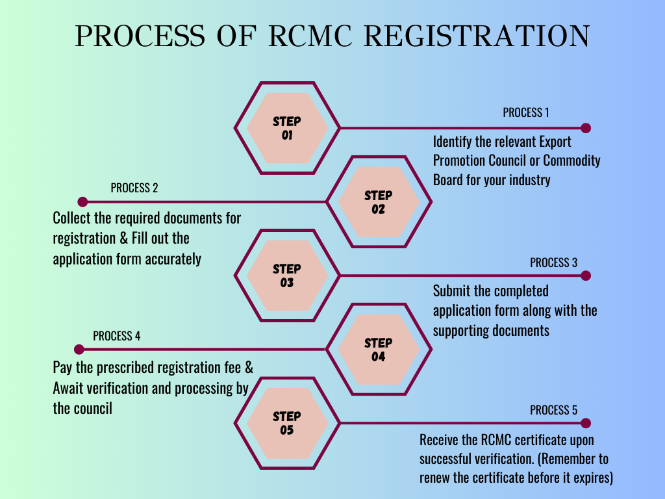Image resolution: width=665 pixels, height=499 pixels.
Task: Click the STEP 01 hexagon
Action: (x=286, y=128)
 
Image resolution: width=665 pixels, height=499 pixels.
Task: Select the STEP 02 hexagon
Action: (x=378, y=202)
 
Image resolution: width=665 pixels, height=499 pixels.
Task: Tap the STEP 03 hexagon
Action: (x=286, y=275)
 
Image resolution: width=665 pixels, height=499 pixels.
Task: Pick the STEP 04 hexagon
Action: (x=378, y=350)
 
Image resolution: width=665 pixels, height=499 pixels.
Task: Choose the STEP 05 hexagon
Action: (x=286, y=423)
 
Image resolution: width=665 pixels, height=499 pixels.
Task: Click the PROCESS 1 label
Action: (x=525, y=112)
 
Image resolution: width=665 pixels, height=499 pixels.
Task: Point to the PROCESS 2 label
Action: (x=134, y=188)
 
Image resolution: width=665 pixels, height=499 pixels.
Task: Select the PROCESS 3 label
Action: (x=553, y=262)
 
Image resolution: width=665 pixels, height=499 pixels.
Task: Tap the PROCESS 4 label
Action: (x=116, y=336)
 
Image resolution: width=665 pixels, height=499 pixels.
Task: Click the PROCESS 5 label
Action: (x=553, y=410)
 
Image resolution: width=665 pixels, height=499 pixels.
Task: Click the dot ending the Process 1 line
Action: (x=586, y=128)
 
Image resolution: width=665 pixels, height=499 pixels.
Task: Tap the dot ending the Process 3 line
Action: (x=586, y=275)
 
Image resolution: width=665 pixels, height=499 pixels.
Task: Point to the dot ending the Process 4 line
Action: (x=80, y=350)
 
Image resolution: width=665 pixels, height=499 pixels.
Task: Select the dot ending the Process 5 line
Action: (x=586, y=423)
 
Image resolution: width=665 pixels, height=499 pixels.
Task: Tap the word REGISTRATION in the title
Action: (x=477, y=36)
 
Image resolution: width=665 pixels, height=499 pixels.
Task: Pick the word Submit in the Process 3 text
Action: (x=453, y=290)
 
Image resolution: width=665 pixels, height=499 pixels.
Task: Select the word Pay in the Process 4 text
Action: (x=62, y=368)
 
